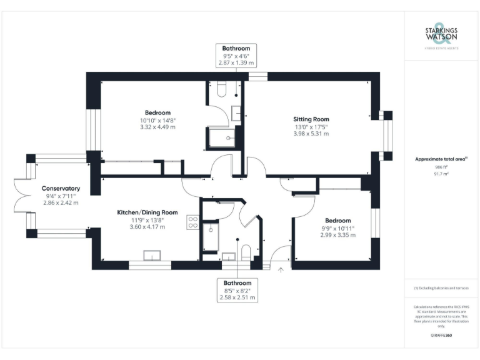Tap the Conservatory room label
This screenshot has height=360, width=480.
point(61,188)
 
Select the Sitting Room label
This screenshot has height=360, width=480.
point(311,119)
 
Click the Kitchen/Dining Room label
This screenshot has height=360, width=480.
point(147,212)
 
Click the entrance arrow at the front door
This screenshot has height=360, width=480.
point(281,269)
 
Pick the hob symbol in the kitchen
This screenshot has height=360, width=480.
point(192,224)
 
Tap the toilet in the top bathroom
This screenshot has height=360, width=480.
point(220,90)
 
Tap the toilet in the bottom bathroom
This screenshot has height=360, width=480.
point(246,252)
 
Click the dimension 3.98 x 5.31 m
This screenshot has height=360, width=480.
point(311,133)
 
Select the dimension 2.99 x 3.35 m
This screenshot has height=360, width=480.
point(337,235)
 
